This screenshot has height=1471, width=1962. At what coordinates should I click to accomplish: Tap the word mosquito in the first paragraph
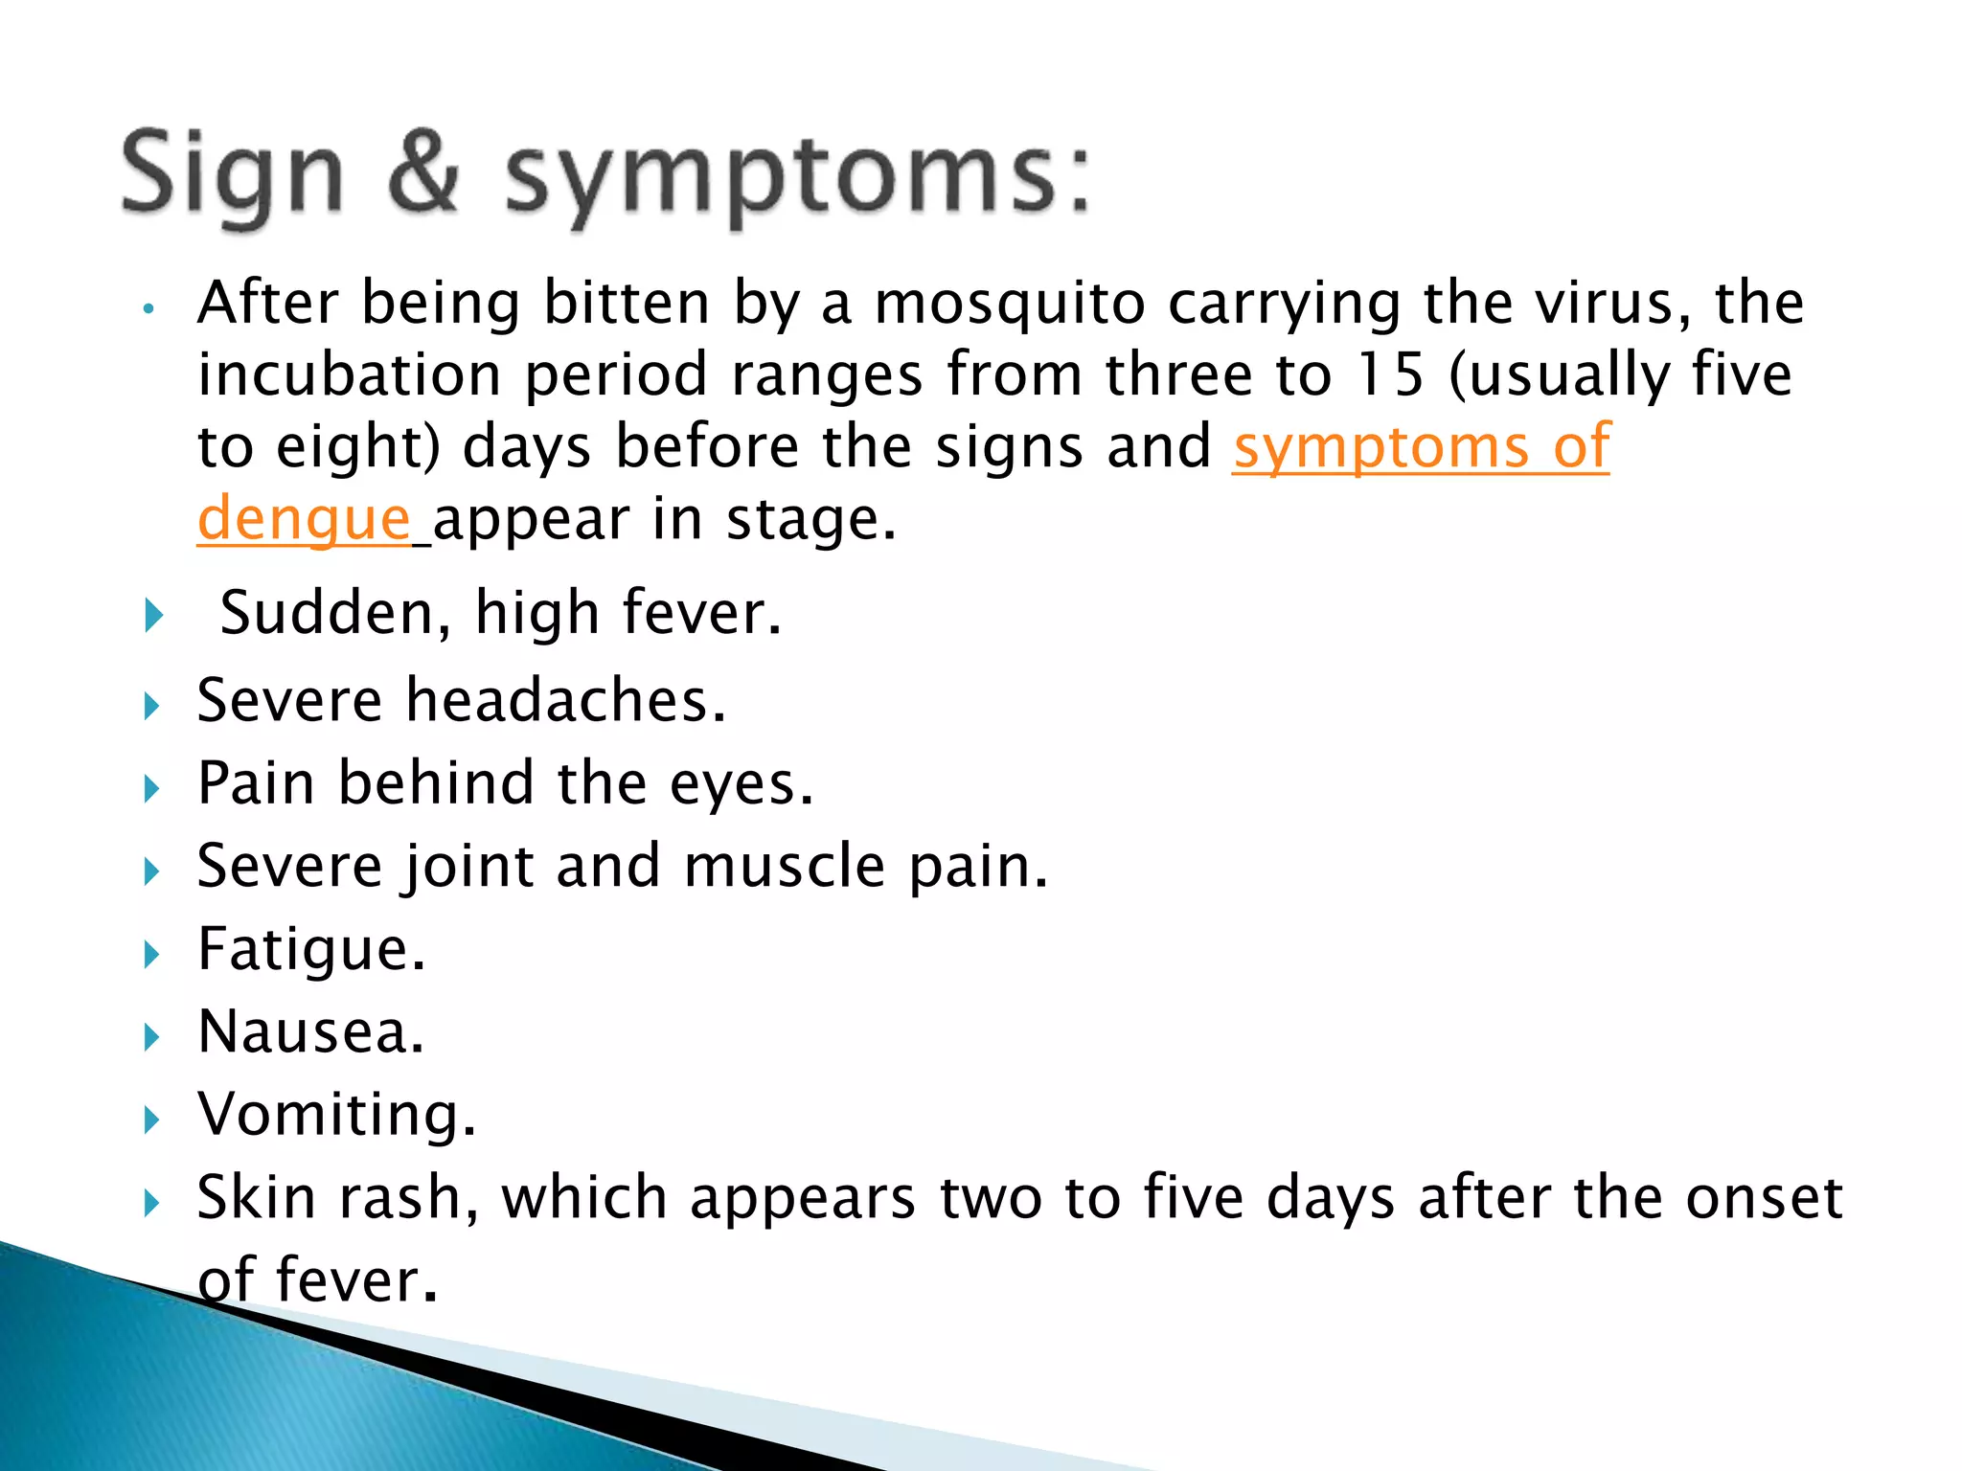tap(1010, 304)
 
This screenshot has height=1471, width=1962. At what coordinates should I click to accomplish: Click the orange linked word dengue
tap(305, 520)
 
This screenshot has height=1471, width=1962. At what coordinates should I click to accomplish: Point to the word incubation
tap(350, 374)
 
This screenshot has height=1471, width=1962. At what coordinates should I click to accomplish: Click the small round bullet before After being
tap(148, 309)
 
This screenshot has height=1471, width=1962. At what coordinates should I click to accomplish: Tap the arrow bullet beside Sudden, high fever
tap(153, 615)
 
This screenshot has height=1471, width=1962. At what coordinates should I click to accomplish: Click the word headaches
tap(565, 700)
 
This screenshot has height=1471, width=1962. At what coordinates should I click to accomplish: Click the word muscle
tap(785, 867)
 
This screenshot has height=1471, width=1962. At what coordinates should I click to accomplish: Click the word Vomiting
tap(336, 1116)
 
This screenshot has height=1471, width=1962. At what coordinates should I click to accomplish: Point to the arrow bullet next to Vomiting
tap(152, 1119)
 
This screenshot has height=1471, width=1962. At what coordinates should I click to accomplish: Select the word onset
tap(1764, 1198)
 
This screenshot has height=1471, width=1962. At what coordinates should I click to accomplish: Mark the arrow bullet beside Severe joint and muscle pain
tap(152, 871)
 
